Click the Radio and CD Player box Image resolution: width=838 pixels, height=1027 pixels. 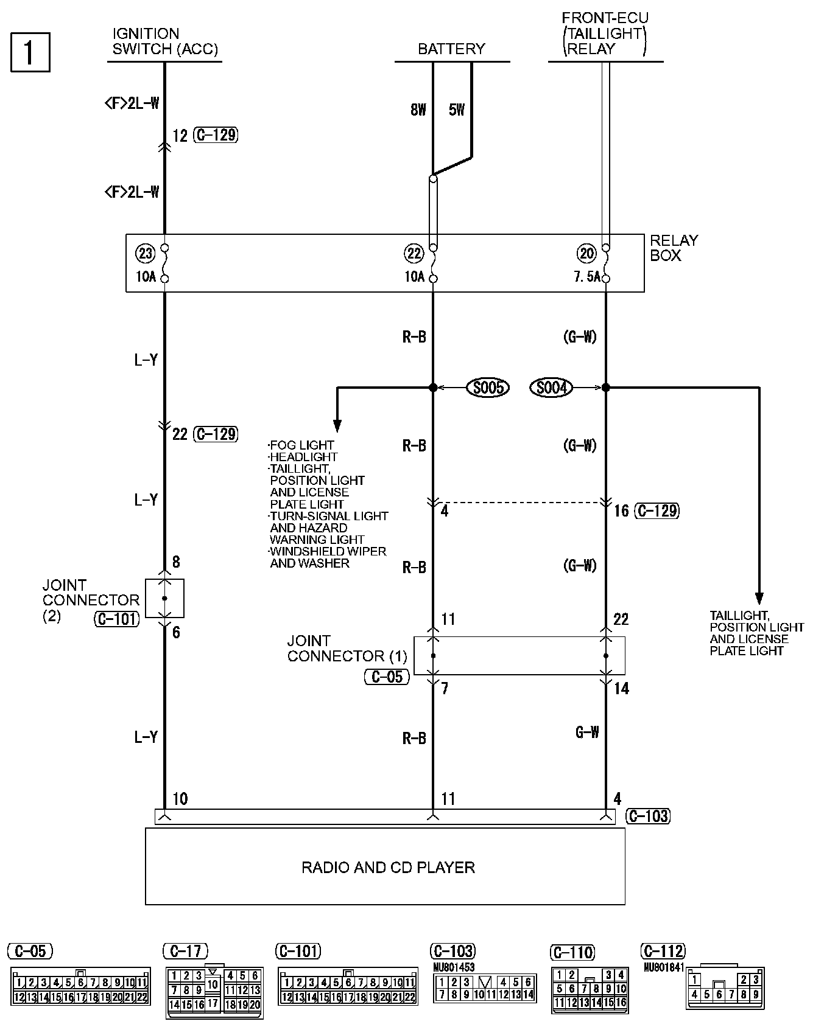click(385, 866)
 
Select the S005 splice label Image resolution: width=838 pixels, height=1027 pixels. click(487, 388)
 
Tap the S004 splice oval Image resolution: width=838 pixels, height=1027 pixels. click(551, 388)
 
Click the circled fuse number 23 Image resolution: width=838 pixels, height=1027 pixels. click(146, 253)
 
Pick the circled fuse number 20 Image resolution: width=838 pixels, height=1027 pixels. click(586, 253)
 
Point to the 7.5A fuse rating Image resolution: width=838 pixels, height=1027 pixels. click(587, 277)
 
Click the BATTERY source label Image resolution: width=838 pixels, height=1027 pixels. click(451, 49)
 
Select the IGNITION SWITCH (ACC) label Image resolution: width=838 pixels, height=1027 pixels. click(164, 41)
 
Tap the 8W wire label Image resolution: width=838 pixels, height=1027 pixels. click(418, 110)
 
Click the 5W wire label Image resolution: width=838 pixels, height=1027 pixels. click(456, 110)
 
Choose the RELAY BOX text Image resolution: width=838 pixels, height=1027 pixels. click(674, 248)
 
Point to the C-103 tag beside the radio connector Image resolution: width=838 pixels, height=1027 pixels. click(648, 816)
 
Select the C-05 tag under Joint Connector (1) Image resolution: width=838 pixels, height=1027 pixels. click(387, 677)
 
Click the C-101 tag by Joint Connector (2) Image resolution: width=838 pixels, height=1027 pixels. click(116, 619)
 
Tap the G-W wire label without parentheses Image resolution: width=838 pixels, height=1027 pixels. click(587, 732)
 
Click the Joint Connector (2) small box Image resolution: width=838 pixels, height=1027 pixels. click(164, 598)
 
